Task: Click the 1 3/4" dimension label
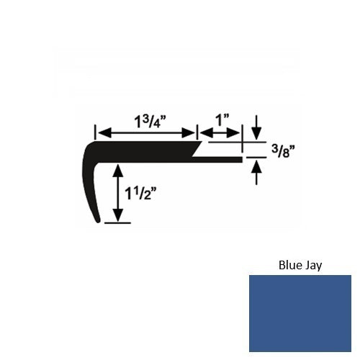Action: [147, 118]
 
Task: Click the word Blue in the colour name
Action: [289, 264]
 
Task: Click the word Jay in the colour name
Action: [313, 265]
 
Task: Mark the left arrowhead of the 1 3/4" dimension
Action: [101, 133]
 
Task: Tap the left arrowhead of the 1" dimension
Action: [203, 133]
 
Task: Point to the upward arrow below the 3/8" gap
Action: [257, 167]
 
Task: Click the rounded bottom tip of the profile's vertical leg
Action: [99, 221]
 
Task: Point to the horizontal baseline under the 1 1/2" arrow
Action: [118, 223]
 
